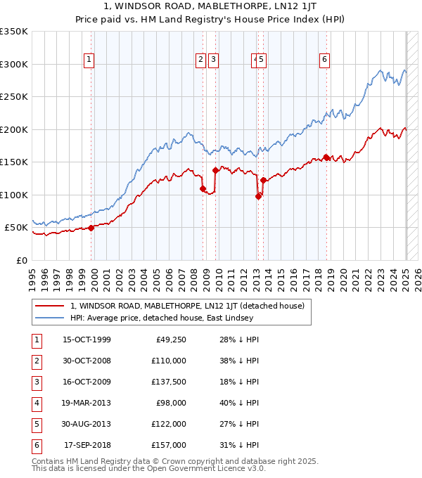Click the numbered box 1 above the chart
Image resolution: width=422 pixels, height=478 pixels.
(90, 60)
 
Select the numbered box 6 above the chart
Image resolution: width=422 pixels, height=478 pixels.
(324, 60)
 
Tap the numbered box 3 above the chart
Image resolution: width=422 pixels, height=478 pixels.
(212, 60)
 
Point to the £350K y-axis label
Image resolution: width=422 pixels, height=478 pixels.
(14, 32)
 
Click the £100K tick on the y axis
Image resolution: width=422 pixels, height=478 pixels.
(14, 195)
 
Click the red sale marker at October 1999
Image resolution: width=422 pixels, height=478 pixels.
(91, 228)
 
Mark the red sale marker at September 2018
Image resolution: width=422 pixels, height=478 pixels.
(326, 157)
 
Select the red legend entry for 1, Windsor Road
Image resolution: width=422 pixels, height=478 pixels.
(187, 306)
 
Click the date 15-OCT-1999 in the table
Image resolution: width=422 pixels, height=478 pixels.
(87, 340)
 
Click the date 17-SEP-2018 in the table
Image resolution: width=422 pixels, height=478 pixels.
(87, 444)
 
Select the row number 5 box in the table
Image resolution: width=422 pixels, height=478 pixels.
(36, 424)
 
